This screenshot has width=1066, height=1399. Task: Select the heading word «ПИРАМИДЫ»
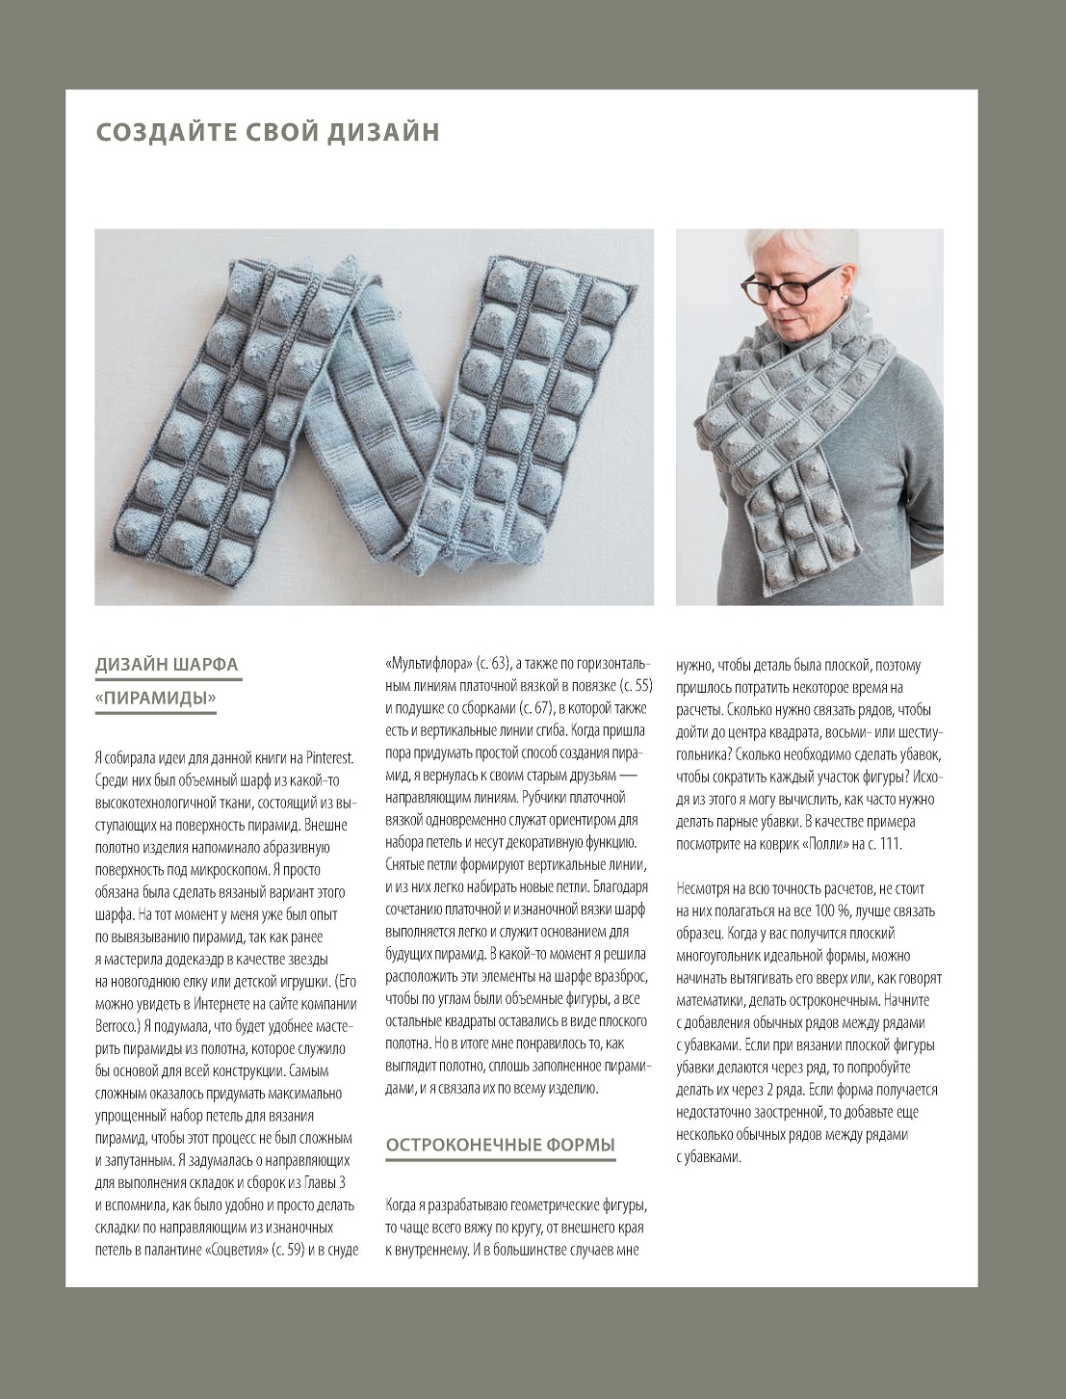click(x=156, y=698)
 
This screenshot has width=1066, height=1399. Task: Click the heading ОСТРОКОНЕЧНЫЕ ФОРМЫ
click(x=500, y=1145)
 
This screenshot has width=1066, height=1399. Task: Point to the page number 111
click(x=890, y=844)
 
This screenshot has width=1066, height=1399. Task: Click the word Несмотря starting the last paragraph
click(x=707, y=888)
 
